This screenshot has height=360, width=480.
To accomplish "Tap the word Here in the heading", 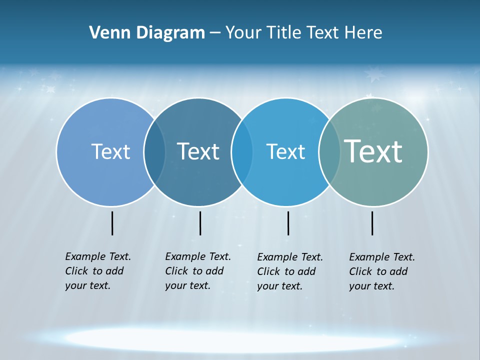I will tap(363, 33).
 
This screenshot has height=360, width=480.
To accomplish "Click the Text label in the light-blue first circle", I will tap(110, 151).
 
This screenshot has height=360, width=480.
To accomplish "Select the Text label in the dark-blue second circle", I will tap(198, 151).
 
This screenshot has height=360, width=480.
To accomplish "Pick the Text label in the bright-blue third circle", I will tap(285, 151).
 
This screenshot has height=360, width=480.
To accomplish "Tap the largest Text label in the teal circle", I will tap(373, 151).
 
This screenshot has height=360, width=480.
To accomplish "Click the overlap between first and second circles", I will tap(154, 151).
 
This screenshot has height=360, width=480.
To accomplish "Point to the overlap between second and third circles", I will tap(242, 151).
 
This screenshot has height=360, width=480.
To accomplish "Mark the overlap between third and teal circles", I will tap(329, 151).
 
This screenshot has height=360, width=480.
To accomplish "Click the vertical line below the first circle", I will tap(112, 223).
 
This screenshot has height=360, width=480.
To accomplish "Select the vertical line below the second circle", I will tap(200, 223).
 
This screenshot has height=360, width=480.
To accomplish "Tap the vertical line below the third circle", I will tap(288, 223).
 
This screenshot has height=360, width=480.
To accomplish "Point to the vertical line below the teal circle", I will tap(372, 223).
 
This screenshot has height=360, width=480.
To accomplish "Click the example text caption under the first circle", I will tap(98, 271).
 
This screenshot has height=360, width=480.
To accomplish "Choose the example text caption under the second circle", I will tap(198, 271).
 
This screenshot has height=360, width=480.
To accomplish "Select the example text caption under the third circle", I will tap(290, 271).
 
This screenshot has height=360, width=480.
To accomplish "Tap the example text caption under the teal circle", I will tap(382, 271).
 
